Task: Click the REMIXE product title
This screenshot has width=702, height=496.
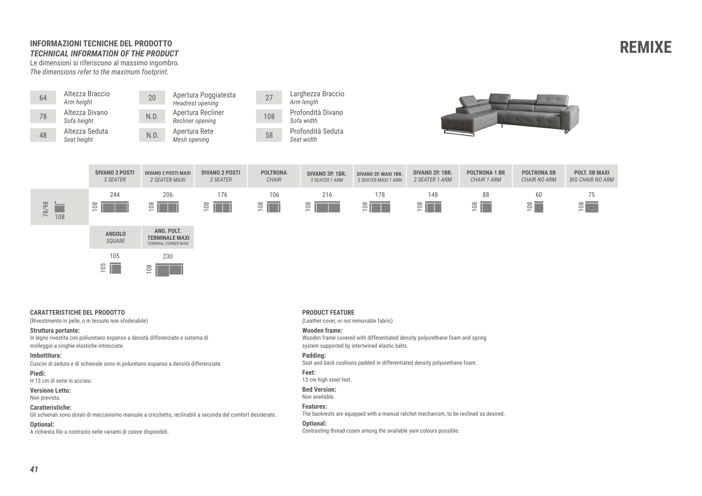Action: pyautogui.click(x=645, y=48)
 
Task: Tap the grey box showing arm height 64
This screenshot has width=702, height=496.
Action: pyautogui.click(x=43, y=98)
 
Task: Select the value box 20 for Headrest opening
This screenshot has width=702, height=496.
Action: pyautogui.click(x=152, y=98)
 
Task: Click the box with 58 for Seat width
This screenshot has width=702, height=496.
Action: pyautogui.click(x=269, y=135)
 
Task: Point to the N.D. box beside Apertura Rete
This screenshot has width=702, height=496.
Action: pyautogui.click(x=152, y=135)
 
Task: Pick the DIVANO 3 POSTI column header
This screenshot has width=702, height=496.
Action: pyautogui.click(x=115, y=176)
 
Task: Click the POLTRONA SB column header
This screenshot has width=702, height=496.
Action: pyautogui.click(x=538, y=176)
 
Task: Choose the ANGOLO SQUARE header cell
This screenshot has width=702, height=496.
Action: pyautogui.click(x=115, y=237)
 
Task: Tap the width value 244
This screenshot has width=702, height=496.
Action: pyautogui.click(x=115, y=195)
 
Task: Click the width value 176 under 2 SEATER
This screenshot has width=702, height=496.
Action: pyautogui.click(x=222, y=195)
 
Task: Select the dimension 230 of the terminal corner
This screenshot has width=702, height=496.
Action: pyautogui.click(x=168, y=256)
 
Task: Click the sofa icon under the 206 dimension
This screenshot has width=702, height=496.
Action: pyautogui.click(x=168, y=207)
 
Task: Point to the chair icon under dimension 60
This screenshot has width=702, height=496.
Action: pyautogui.click(x=539, y=207)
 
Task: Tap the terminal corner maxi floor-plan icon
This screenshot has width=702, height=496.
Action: pyautogui.click(x=169, y=270)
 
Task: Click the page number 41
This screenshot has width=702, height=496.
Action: pyautogui.click(x=34, y=469)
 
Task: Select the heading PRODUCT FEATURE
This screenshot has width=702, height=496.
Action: pyautogui.click(x=328, y=313)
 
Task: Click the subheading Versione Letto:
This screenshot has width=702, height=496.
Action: pyautogui.click(x=50, y=390)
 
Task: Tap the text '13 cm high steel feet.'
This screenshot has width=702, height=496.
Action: pyautogui.click(x=327, y=380)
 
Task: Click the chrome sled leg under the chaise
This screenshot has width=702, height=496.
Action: pyautogui.click(x=459, y=134)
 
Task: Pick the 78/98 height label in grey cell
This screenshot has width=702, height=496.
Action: pyautogui.click(x=45, y=209)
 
